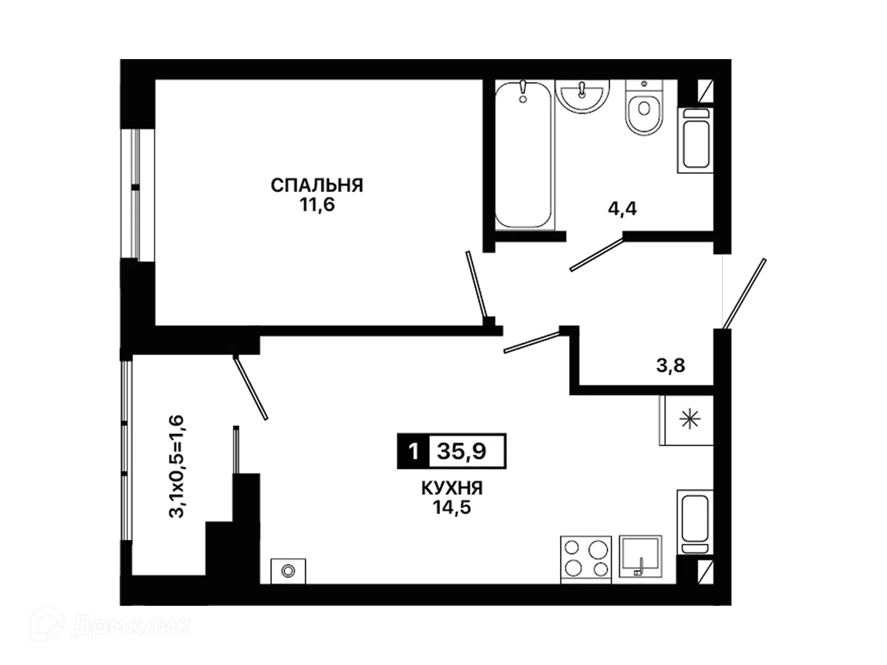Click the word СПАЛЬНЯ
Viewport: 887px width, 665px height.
(x=317, y=186)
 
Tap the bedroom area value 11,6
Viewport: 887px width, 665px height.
(x=317, y=205)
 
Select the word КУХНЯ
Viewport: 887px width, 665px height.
(x=452, y=488)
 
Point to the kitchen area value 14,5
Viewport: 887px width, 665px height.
(x=452, y=507)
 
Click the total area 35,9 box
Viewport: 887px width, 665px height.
(x=467, y=451)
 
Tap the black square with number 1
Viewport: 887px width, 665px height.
(x=413, y=451)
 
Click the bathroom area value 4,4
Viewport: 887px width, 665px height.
(x=622, y=209)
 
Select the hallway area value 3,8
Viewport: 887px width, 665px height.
(x=670, y=366)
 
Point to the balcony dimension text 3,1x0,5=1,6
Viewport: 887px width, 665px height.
(x=177, y=467)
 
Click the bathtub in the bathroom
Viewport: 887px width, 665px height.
(x=524, y=155)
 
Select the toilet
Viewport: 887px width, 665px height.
(x=644, y=107)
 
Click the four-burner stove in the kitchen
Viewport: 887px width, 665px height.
(x=586, y=560)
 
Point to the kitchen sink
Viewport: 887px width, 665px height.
(x=641, y=557)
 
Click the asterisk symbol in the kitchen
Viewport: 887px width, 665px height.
(x=690, y=419)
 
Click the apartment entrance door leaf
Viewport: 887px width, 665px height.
(x=744, y=294)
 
